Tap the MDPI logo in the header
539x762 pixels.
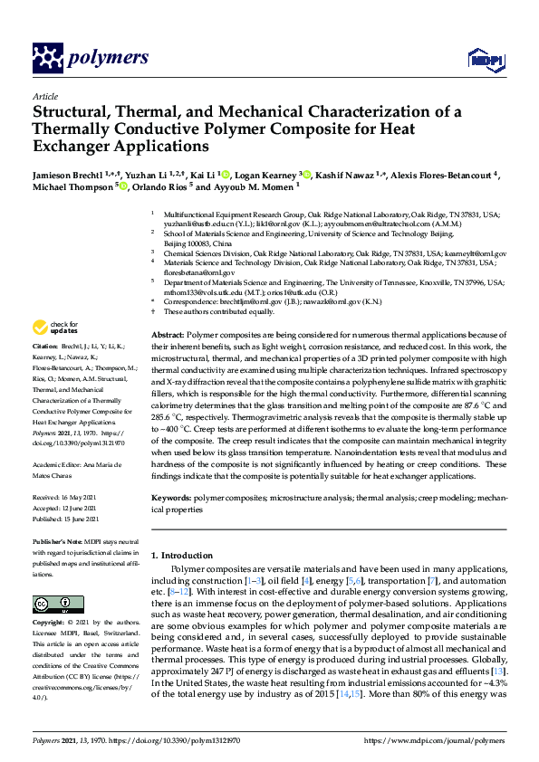coord(480,60)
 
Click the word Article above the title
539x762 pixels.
coord(44,96)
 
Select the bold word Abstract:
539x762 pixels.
coord(168,334)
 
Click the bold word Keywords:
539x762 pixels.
coord(171,499)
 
